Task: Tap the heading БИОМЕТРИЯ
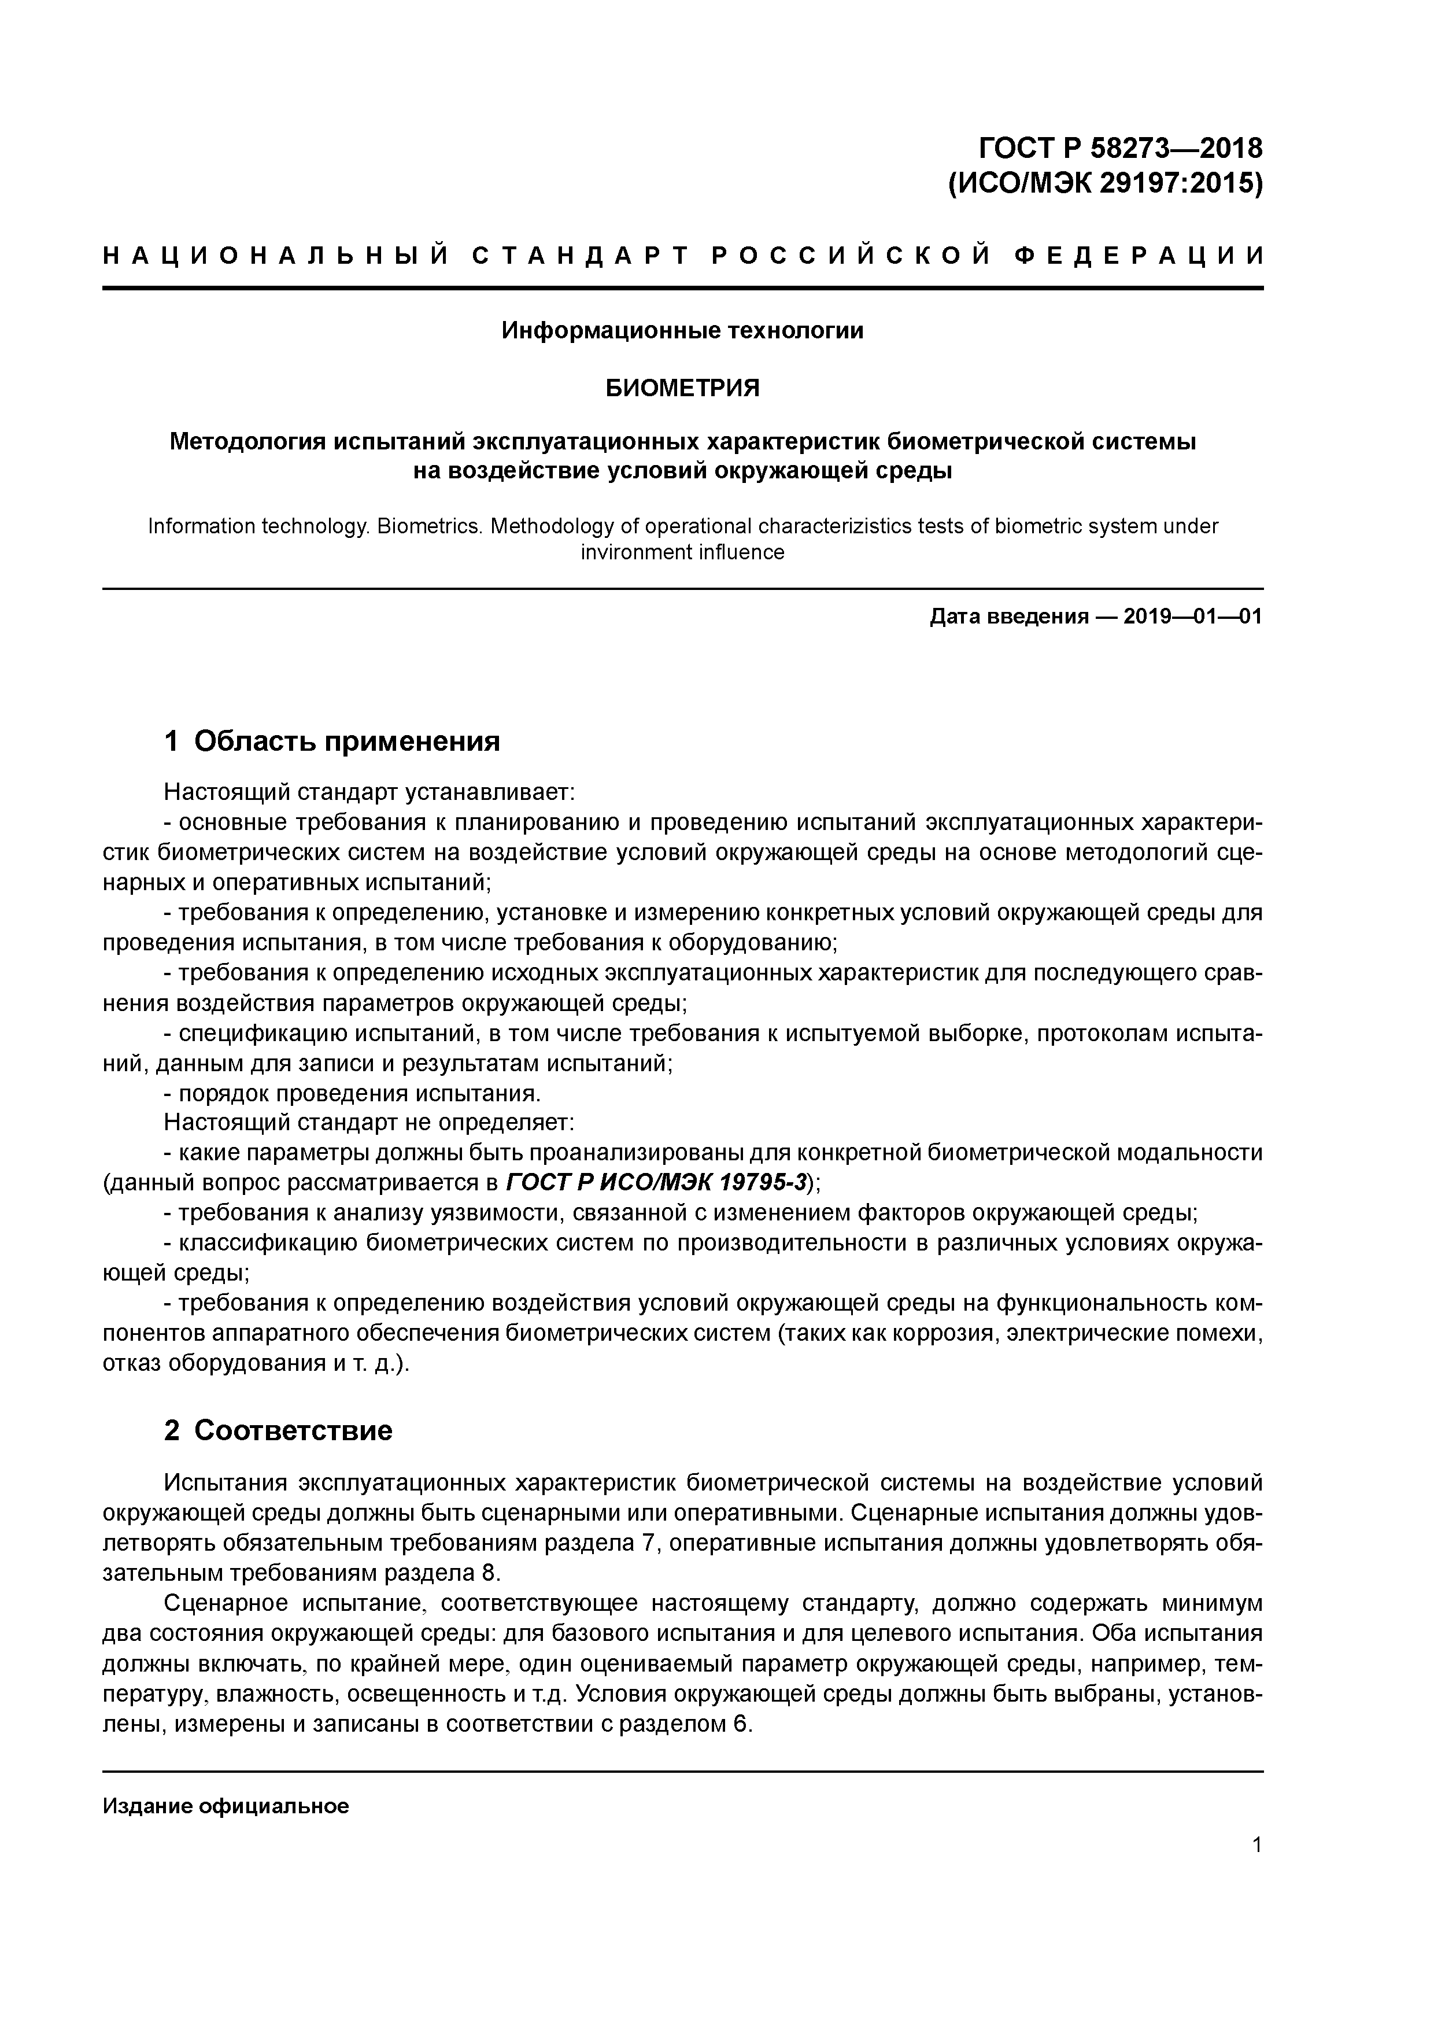click(682, 388)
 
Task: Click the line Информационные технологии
click(682, 330)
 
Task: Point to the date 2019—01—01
click(1193, 617)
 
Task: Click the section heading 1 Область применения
click(332, 740)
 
